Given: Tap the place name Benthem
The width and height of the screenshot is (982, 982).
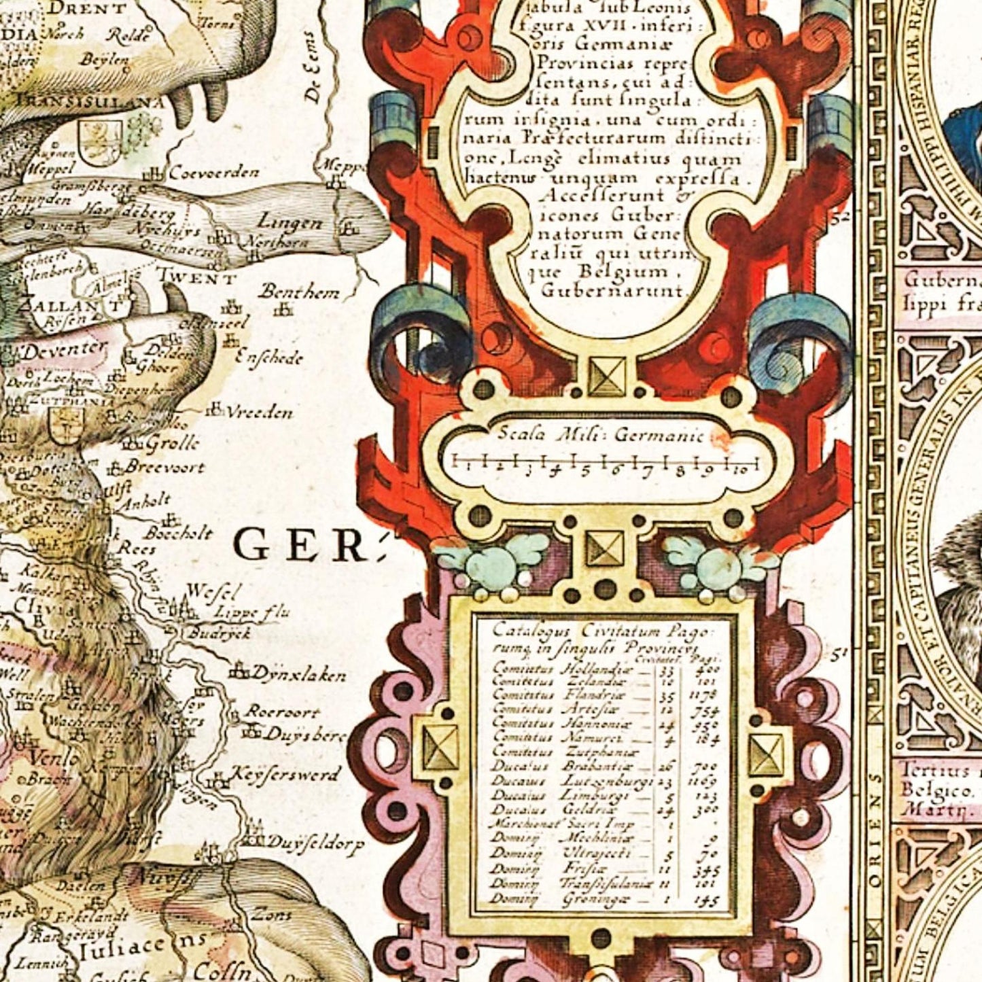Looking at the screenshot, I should [298, 293].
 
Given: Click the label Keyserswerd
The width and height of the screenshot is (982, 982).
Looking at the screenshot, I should [285, 774].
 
